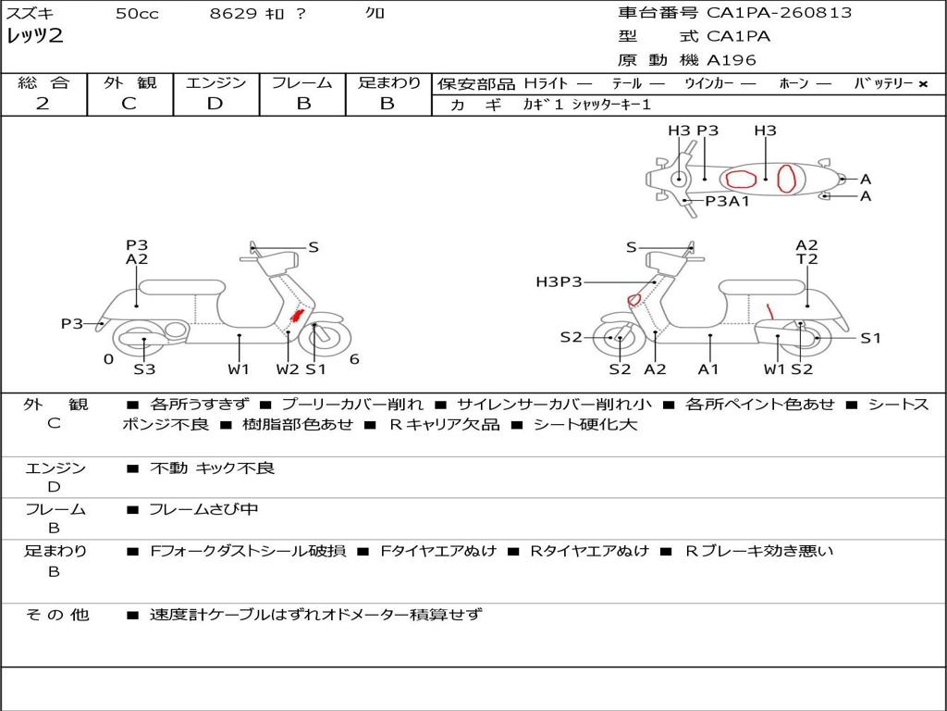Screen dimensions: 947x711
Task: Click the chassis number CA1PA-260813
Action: [x=779, y=13]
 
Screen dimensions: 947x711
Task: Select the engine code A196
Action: [x=732, y=60]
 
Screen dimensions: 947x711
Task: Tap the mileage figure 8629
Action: [x=233, y=13]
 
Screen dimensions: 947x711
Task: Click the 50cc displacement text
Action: [x=137, y=13]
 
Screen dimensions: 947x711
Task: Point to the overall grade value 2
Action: [x=43, y=104]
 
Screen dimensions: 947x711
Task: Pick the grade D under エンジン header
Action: [x=215, y=104]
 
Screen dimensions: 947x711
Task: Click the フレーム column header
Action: [x=302, y=82]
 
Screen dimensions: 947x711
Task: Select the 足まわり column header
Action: [x=389, y=82]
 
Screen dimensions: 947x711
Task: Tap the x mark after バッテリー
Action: [x=923, y=84]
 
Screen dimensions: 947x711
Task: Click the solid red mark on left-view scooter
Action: [x=297, y=316]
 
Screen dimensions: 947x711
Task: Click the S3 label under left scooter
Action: [x=144, y=368]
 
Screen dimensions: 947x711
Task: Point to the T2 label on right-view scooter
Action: [x=806, y=259]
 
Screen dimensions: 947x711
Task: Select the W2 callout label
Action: [x=288, y=368]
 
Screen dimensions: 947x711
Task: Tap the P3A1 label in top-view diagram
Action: [x=727, y=201]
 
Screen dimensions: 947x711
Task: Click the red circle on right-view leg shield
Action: [x=633, y=299]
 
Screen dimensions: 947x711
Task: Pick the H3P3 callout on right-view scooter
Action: [x=559, y=281]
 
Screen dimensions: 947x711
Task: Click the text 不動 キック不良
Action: [x=212, y=468]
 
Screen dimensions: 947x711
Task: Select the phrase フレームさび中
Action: [x=203, y=510]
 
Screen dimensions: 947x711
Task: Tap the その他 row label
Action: [x=57, y=615]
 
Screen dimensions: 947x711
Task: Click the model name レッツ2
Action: [x=35, y=36]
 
